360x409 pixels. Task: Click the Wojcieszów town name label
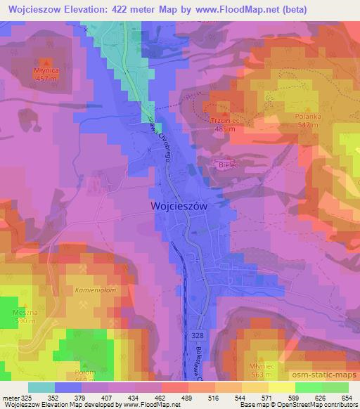pyautogui.click(x=179, y=206)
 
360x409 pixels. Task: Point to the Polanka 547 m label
pyautogui.click(x=308, y=120)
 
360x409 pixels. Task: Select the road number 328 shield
pyautogui.click(x=198, y=337)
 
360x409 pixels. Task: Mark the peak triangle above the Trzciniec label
pyautogui.click(x=224, y=115)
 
